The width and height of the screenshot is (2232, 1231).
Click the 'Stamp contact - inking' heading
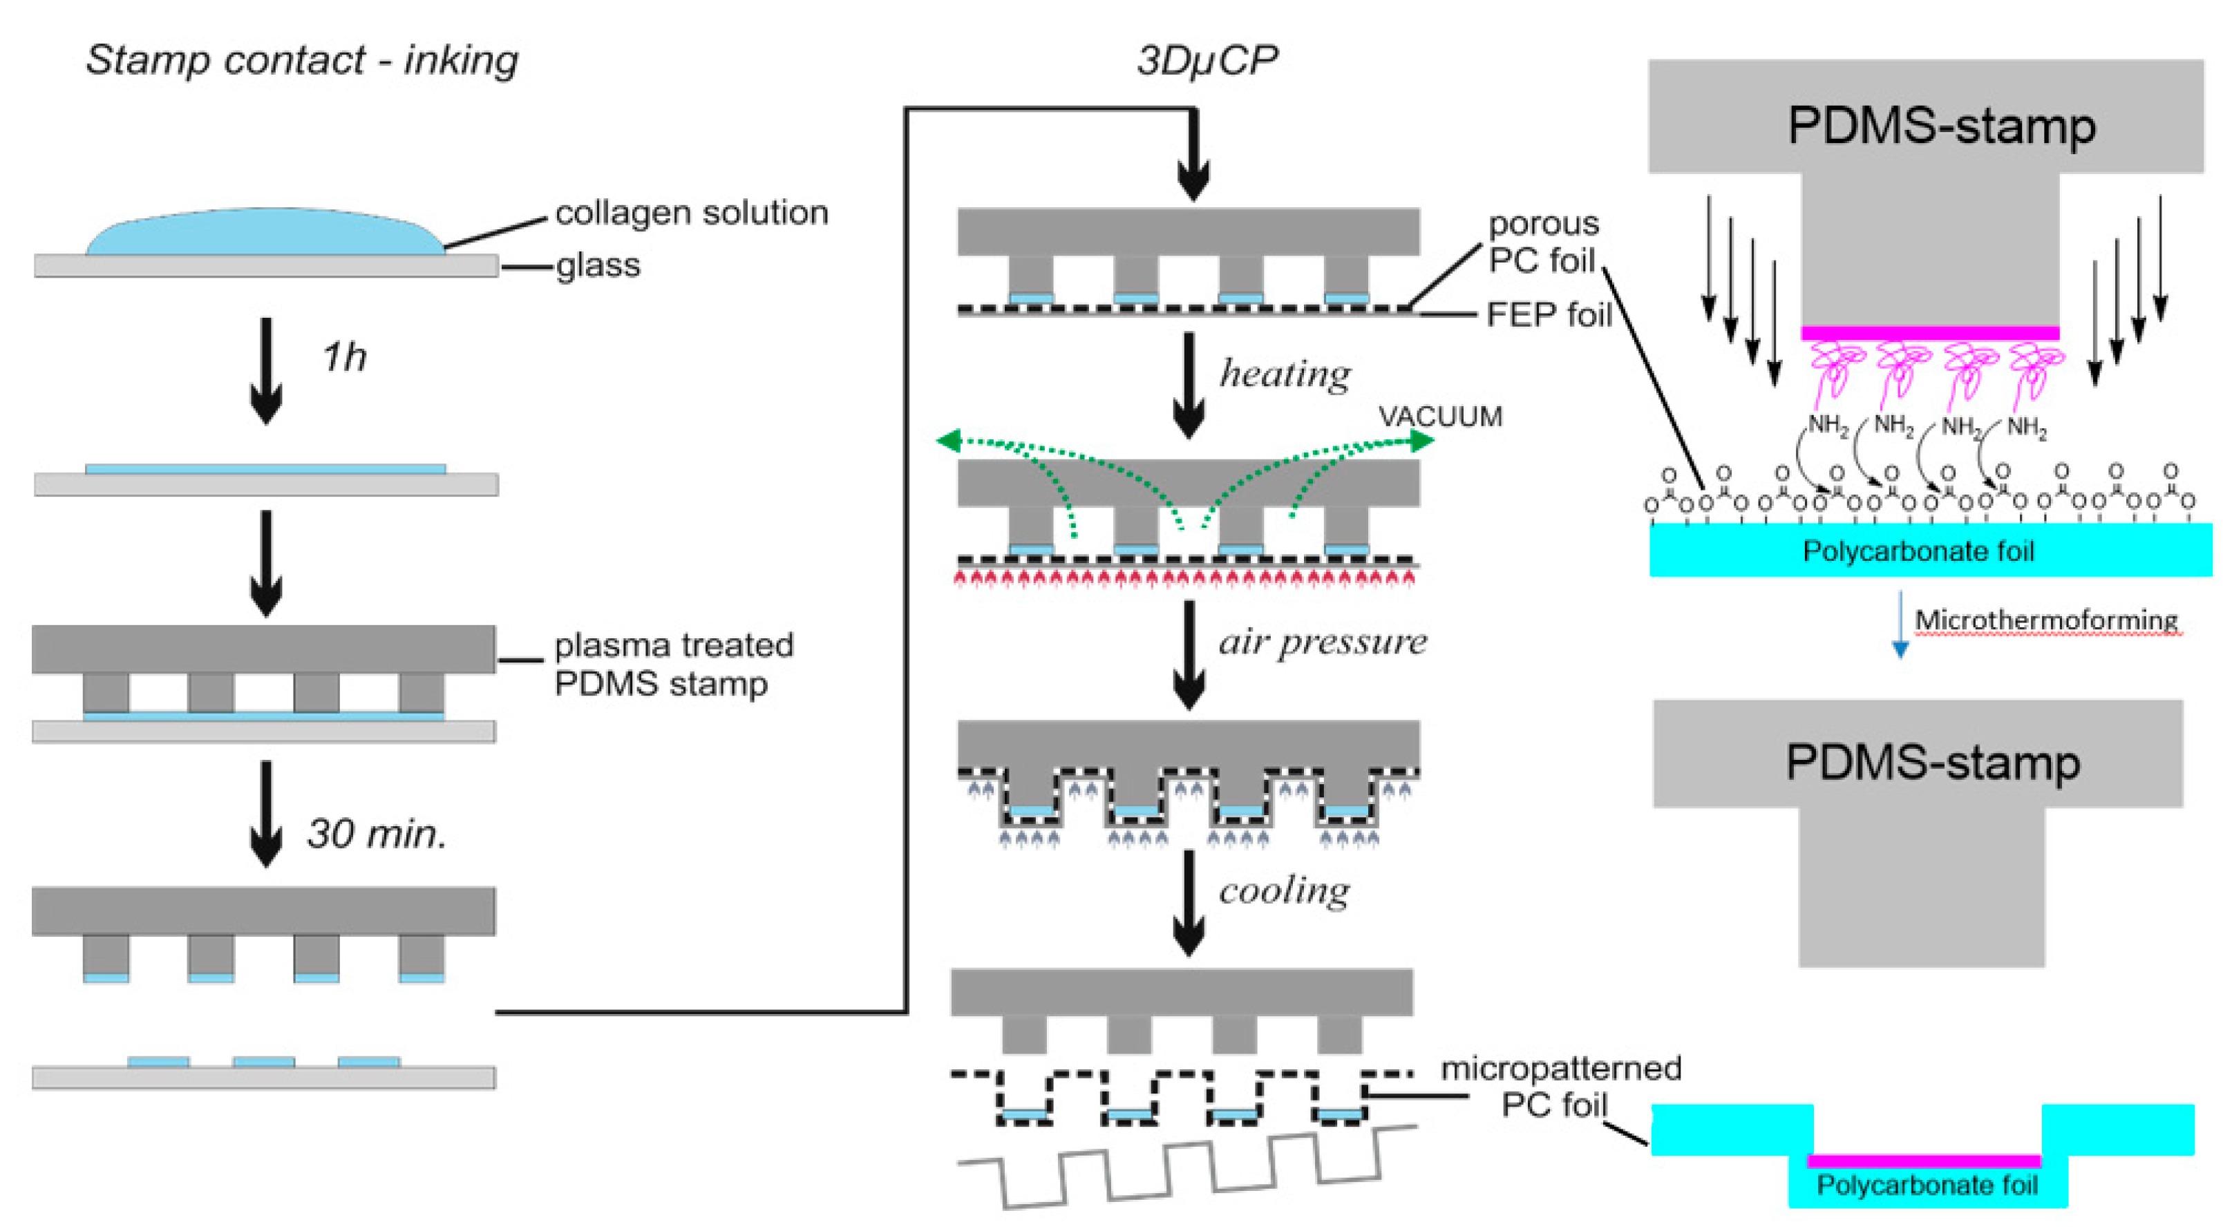(301, 60)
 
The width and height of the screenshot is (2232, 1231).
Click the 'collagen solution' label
(692, 213)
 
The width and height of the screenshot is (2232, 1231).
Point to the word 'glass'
(598, 266)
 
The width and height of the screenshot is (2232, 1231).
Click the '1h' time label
(344, 358)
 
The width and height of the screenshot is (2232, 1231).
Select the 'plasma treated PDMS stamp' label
(672, 665)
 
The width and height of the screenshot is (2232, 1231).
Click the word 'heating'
(1285, 374)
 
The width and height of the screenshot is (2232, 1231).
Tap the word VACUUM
(1440, 417)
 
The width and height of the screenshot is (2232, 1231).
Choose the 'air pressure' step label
(1322, 642)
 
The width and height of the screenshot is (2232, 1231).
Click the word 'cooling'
(1284, 890)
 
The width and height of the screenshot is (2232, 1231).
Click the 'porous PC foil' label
(1543, 242)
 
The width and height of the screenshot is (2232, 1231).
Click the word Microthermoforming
(2045, 620)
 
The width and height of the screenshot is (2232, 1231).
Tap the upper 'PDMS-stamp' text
(1941, 126)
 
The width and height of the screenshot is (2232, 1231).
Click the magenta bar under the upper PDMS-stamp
(1929, 334)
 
